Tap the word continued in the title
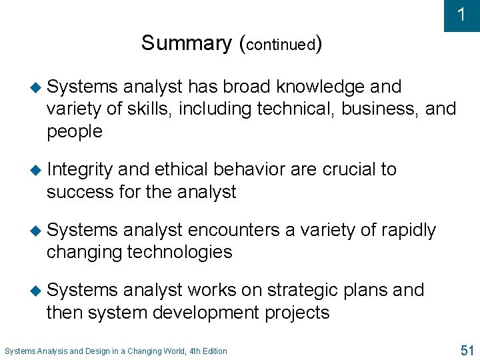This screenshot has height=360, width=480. click(x=281, y=45)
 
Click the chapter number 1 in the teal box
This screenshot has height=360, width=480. click(x=461, y=15)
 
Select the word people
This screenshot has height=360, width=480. click(x=75, y=131)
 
